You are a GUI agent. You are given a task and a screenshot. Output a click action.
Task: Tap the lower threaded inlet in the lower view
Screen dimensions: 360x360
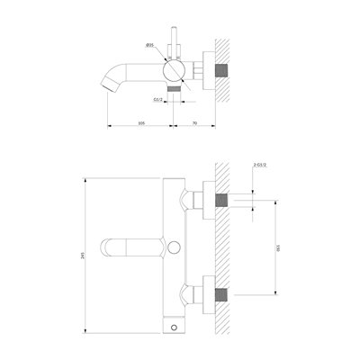[x=229, y=293]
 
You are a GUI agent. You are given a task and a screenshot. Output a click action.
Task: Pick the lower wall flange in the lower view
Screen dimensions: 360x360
[x=209, y=293]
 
